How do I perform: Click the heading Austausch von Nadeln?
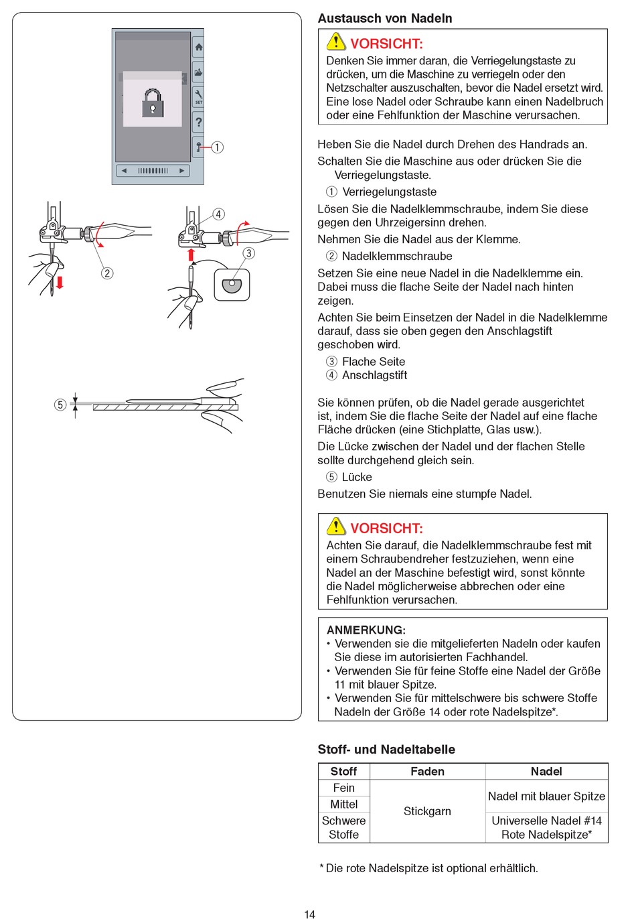(385, 19)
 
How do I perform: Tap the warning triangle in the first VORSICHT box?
(336, 42)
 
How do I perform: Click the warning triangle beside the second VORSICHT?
(336, 526)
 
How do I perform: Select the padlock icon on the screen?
(153, 103)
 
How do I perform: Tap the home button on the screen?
(198, 48)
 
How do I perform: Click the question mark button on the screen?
(198, 122)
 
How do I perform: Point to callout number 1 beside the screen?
(218, 147)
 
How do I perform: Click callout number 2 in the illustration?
(107, 273)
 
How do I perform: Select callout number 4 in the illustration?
(218, 214)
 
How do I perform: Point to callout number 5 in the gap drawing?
(60, 405)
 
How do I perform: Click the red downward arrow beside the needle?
(60, 281)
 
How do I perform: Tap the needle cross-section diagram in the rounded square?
(232, 285)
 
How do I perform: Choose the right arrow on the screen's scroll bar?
(181, 171)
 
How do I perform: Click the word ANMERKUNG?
(366, 630)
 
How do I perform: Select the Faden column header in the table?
(427, 772)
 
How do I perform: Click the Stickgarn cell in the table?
(427, 811)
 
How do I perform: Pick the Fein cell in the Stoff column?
(344, 788)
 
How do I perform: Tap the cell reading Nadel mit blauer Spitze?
(546, 796)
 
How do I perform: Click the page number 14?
(309, 914)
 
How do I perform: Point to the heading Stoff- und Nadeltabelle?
(386, 750)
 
